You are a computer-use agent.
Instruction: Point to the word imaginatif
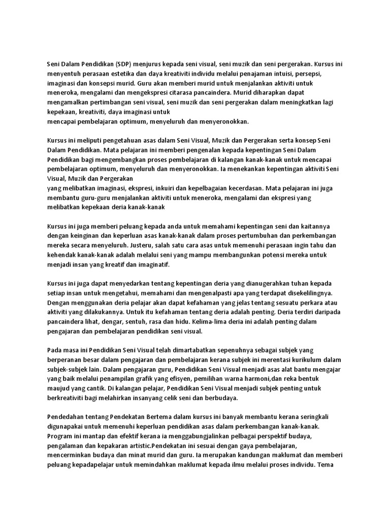153,265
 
